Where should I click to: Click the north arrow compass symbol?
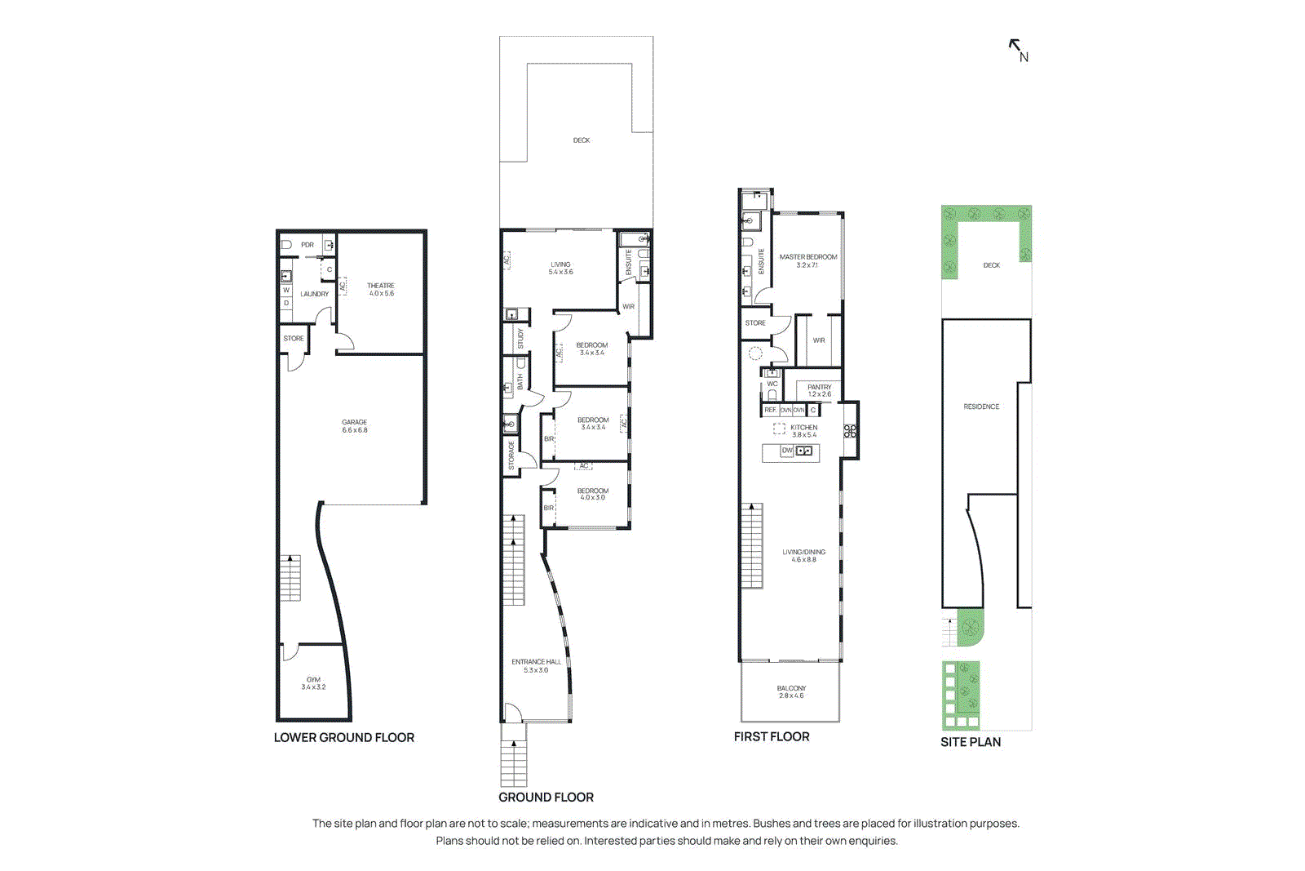1018,50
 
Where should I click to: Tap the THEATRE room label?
381,289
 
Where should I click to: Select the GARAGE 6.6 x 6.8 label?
355,426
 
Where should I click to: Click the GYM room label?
313,682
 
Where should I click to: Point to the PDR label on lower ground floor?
307,245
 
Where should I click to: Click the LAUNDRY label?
314,294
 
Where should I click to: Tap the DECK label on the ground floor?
582,140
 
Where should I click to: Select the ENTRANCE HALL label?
536,665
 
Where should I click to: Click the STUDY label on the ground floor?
520,338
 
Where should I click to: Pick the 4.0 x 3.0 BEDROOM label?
593,494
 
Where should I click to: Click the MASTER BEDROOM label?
807,260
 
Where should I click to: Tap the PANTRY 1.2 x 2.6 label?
820,390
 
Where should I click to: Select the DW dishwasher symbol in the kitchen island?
787,451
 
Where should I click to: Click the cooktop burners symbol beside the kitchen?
850,431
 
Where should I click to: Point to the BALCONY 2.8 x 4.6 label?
791,691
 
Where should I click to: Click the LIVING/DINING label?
803,555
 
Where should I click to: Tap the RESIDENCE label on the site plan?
981,407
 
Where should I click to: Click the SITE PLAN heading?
971,742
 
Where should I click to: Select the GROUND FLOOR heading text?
546,797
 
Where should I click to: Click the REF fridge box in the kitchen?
770,410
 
